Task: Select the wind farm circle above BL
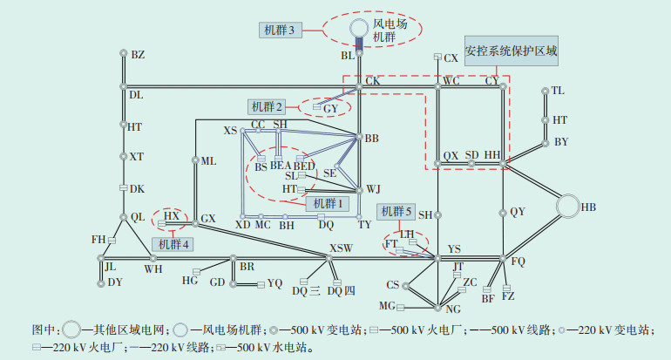click(359, 28)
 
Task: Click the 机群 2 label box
click(268, 107)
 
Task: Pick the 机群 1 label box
click(325, 202)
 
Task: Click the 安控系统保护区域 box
click(510, 51)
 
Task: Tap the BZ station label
click(138, 55)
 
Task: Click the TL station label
click(558, 91)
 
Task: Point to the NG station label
click(451, 309)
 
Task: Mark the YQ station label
click(274, 283)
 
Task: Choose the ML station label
click(208, 161)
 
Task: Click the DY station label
click(115, 282)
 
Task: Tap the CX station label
click(451, 58)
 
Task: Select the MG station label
click(387, 306)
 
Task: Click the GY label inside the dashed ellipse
click(329, 108)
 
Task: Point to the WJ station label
click(373, 189)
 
